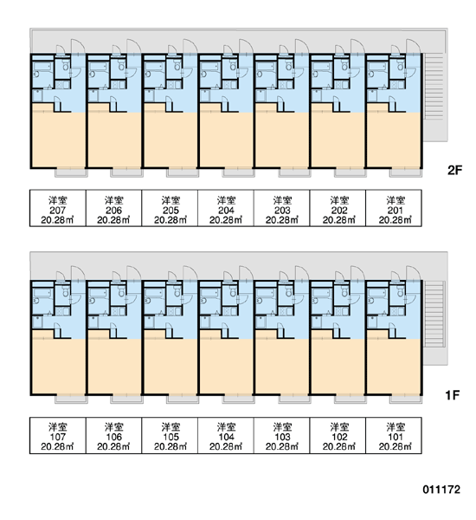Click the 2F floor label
pyautogui.click(x=454, y=170)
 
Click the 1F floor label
pyautogui.click(x=453, y=395)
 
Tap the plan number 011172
pyautogui.click(x=441, y=490)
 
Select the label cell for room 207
pyautogui.click(x=58, y=208)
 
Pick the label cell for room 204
pyautogui.click(x=226, y=208)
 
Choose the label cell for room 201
pyautogui.click(x=394, y=208)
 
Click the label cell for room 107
pyautogui.click(x=58, y=435)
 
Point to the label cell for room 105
pyautogui.click(x=170, y=435)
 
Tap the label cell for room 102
pyautogui.click(x=338, y=435)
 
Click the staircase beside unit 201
pyautogui.click(x=435, y=97)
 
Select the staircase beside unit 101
pyautogui.click(x=434, y=314)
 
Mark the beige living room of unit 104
pyautogui.click(x=227, y=367)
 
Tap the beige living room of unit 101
pyautogui.click(x=394, y=367)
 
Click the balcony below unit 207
pyautogui.click(x=71, y=172)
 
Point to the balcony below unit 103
pyautogui.click(x=294, y=400)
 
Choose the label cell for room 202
pyautogui.click(x=338, y=208)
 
